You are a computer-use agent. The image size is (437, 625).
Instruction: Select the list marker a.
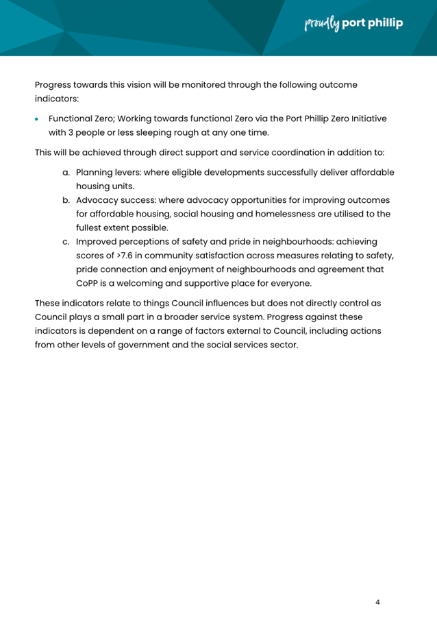pos(67,172)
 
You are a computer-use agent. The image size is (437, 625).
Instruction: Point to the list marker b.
pos(67,200)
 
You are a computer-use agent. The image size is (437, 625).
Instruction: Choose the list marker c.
pos(67,242)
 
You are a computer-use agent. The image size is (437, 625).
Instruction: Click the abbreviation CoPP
pos(88,283)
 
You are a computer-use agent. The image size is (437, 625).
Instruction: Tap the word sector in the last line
pos(282,344)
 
